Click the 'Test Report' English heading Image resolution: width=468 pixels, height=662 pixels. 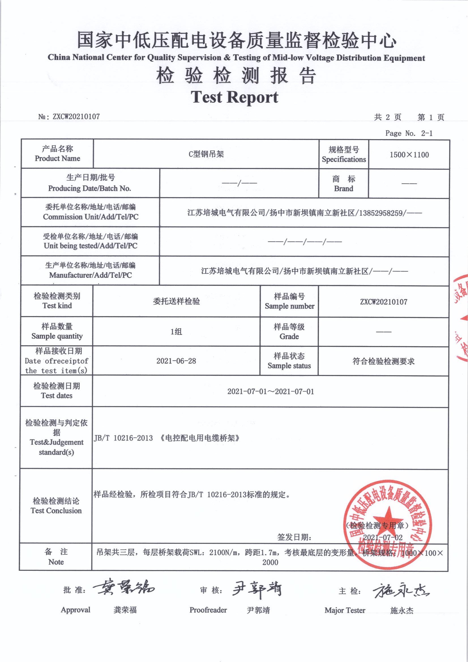[x=234, y=97]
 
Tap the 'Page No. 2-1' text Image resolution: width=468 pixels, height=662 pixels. [x=409, y=133]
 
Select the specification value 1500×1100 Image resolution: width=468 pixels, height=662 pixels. [x=409, y=155]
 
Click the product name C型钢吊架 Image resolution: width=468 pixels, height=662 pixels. [x=206, y=154]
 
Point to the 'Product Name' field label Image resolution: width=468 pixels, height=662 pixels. [x=57, y=158]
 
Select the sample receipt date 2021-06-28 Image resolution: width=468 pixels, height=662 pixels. [x=176, y=361]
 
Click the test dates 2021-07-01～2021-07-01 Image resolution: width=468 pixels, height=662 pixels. [x=270, y=392]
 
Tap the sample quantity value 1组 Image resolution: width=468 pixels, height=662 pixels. [x=176, y=332]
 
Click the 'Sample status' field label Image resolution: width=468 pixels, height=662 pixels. [x=289, y=366]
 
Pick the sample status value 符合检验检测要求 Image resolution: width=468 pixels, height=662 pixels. [x=383, y=361]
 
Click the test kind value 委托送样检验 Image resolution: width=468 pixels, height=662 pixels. [x=176, y=302]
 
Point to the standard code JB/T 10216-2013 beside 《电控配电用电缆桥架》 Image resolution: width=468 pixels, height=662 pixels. [x=123, y=438]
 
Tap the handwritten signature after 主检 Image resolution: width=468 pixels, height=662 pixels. [x=401, y=590]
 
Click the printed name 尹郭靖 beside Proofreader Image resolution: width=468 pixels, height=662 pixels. [x=258, y=610]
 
